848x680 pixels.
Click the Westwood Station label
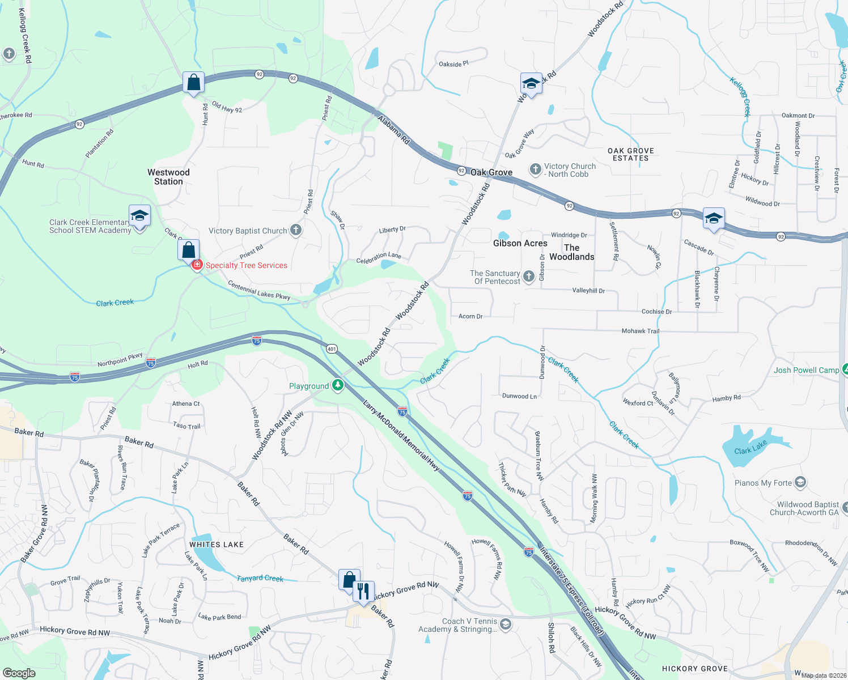coord(168,177)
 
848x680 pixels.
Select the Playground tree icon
coord(338,385)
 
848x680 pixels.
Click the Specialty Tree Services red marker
coord(197,265)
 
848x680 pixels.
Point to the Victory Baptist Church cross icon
coord(296,230)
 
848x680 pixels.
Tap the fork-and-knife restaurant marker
coord(363,591)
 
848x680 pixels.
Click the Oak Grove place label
coord(491,172)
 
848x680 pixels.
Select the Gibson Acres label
coord(520,243)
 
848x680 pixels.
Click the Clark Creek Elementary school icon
coord(139,216)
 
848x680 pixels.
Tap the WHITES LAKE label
coord(217,545)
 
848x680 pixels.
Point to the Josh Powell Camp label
coord(806,370)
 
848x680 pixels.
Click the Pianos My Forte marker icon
coord(800,483)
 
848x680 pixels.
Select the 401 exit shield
coord(332,348)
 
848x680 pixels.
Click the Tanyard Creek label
coord(260,578)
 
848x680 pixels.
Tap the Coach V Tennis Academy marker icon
coord(506,624)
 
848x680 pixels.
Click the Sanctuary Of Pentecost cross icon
coord(528,276)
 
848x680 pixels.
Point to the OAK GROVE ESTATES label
coord(630,154)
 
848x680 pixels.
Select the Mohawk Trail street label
coord(641,331)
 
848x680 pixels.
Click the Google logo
coord(19,673)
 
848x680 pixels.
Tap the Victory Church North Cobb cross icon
coord(535,169)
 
